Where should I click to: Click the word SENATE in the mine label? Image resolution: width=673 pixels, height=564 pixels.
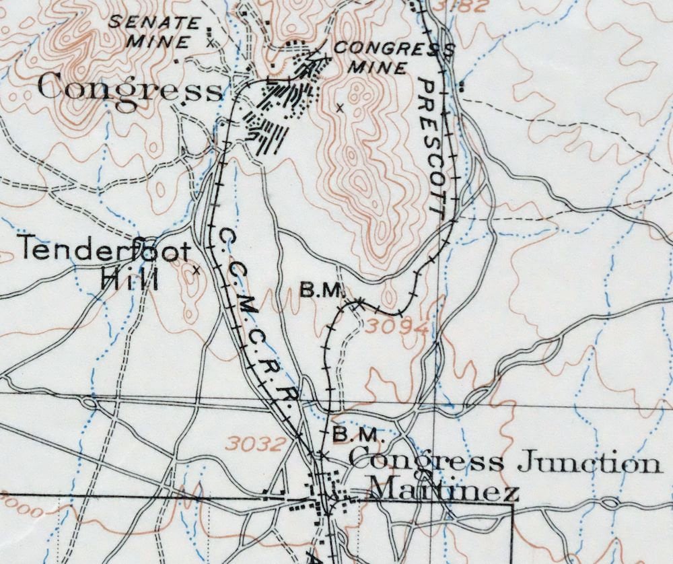point(154,22)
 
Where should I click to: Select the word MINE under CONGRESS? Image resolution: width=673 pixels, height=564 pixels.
point(382,68)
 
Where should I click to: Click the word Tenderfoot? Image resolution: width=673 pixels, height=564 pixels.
point(104,250)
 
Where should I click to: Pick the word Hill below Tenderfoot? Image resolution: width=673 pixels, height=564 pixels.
point(129,278)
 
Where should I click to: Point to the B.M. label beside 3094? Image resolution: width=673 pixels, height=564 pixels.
point(322,291)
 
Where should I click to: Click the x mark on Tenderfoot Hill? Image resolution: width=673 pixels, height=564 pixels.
point(195,270)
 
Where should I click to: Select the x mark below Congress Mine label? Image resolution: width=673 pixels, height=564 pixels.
point(339,107)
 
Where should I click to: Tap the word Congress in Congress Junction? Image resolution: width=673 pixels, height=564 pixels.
point(425,462)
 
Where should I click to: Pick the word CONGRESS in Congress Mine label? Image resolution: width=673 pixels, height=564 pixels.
point(393,49)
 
